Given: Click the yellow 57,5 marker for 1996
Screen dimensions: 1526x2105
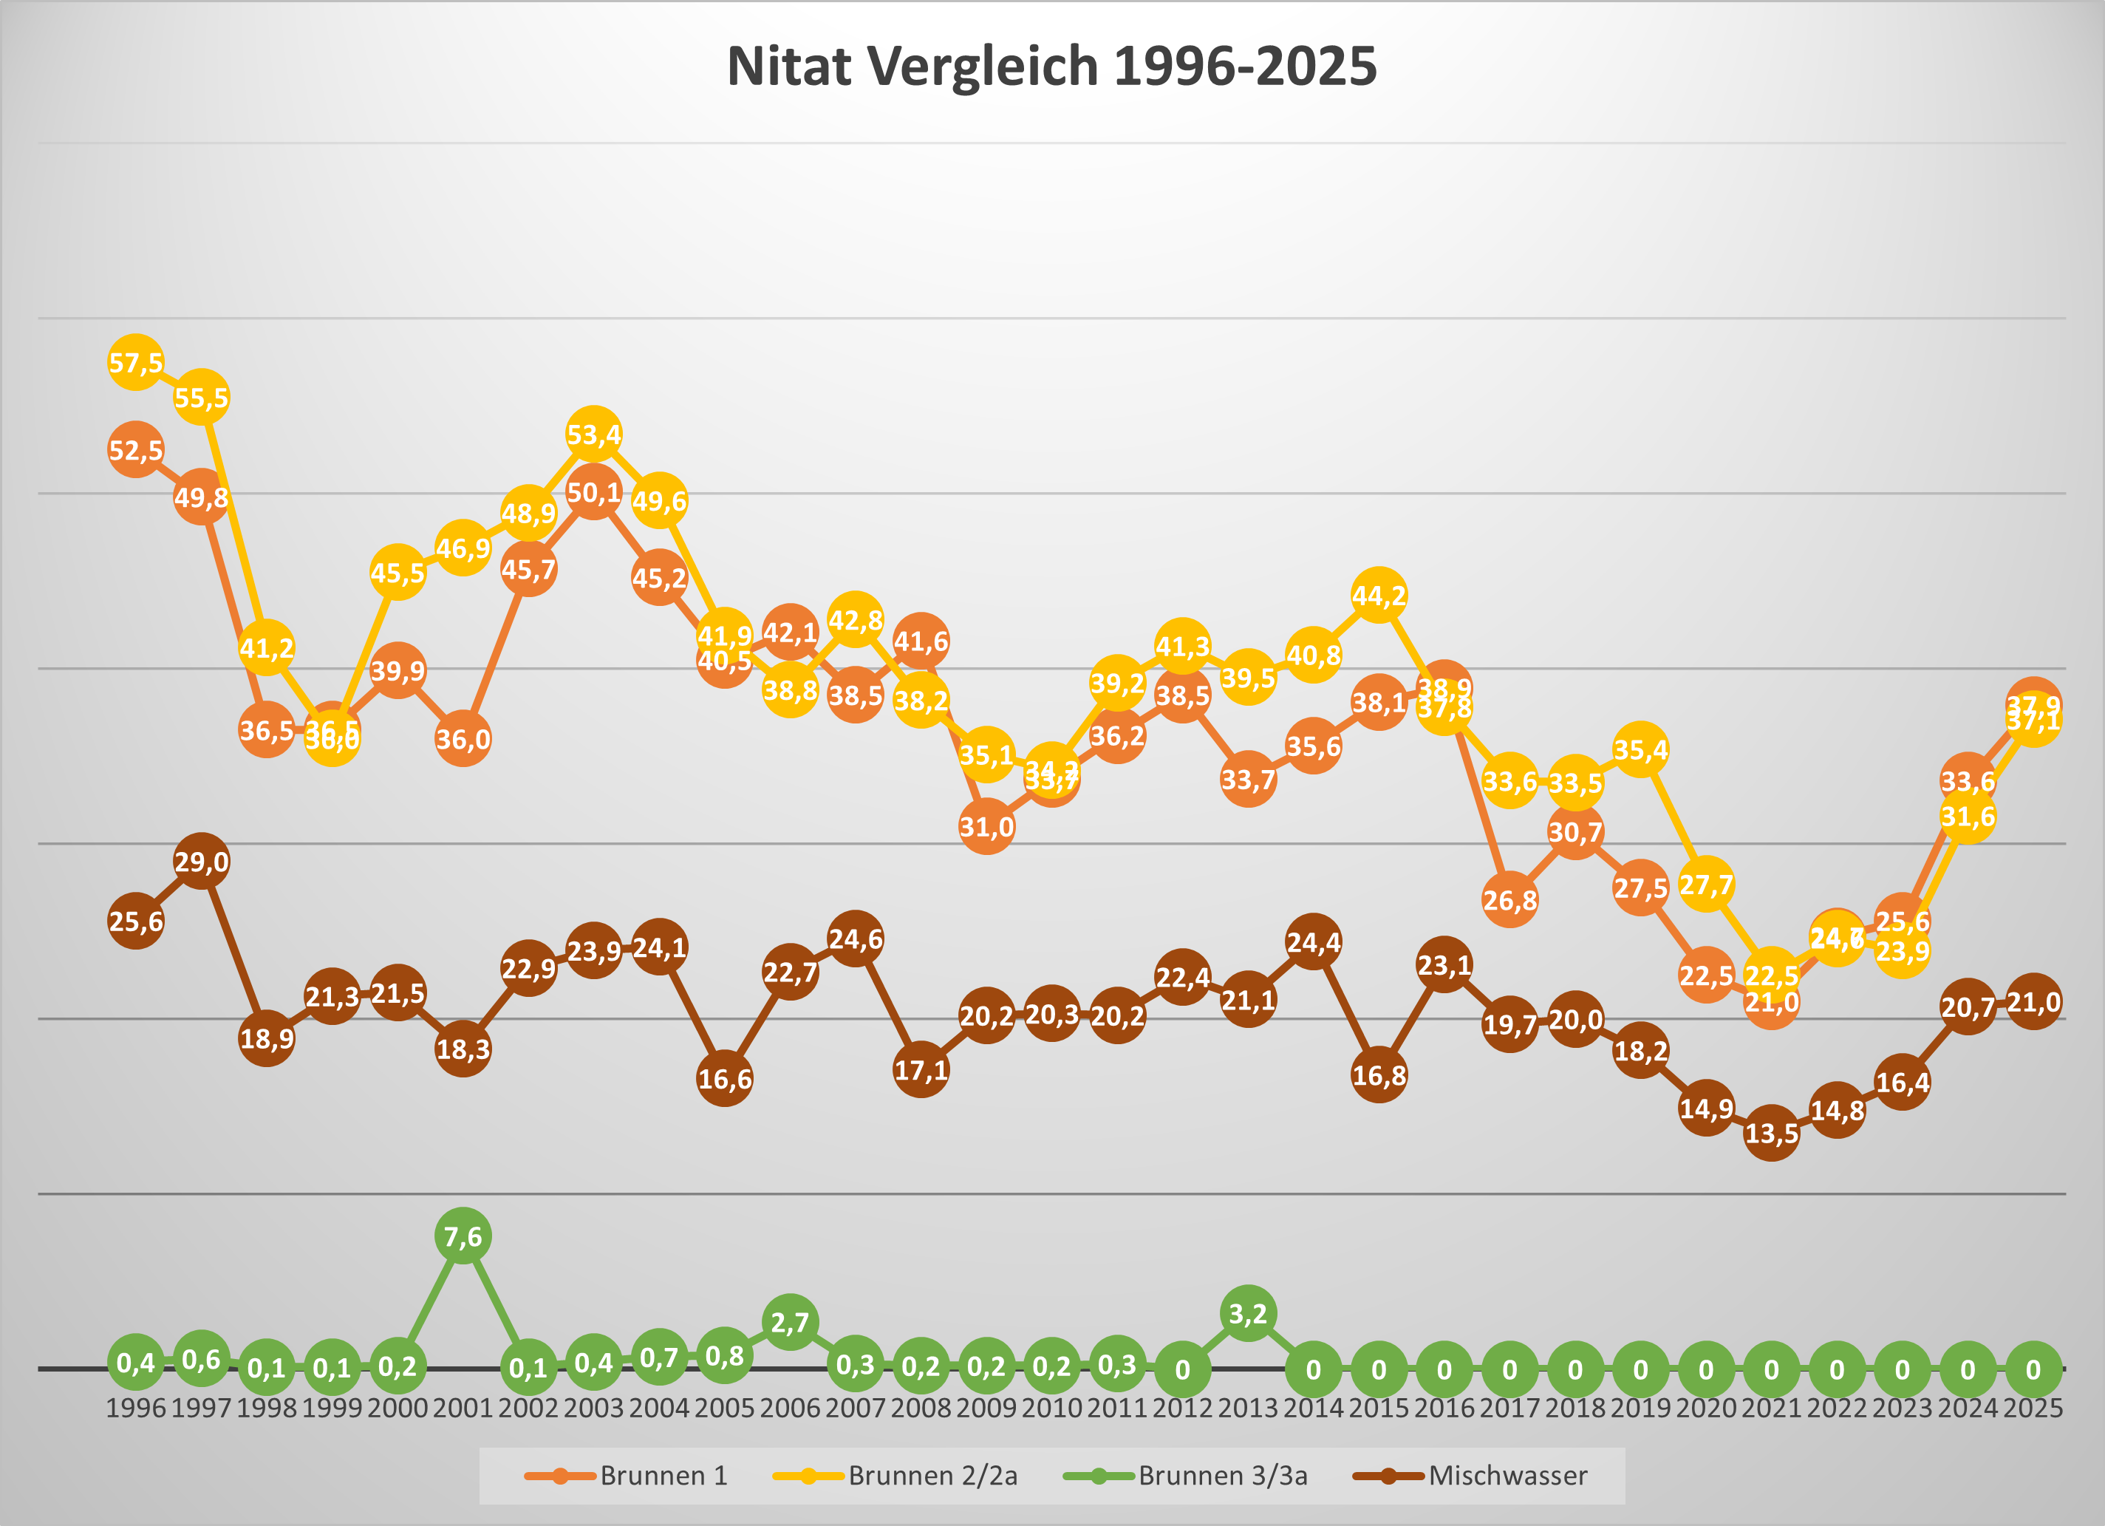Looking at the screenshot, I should pos(135,362).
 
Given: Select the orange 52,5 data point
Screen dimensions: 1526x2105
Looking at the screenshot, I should pos(135,450).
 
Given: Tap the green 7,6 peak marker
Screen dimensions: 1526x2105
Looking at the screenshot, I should pos(463,1236).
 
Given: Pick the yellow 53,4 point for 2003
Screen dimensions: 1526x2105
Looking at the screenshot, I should pos(594,434).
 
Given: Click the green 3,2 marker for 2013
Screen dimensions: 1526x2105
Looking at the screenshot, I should pos(1247,1313).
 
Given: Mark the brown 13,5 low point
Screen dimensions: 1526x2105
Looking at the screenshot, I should pos(1771,1132).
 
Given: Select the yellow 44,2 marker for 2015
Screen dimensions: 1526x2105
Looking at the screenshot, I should pos(1378,594).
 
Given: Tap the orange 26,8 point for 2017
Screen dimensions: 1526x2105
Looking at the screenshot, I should pos(1509,899).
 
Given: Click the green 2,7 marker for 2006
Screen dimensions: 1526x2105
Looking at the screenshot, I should pos(790,1321).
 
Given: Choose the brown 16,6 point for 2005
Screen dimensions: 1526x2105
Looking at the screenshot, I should pos(725,1079).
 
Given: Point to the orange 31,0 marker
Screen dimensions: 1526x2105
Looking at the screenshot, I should pos(986,826).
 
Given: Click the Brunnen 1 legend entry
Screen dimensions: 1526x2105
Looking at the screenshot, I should pos(627,1475).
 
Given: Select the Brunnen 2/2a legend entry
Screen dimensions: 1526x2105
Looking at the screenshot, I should pos(895,1475).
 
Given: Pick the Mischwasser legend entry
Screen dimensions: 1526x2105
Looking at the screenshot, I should pos(1471,1475).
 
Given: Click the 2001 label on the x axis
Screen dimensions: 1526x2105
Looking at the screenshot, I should pos(463,1408).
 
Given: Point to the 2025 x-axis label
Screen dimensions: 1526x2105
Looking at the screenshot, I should pos(2033,1408).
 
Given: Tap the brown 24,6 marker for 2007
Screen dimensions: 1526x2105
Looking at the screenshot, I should pos(855,939).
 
